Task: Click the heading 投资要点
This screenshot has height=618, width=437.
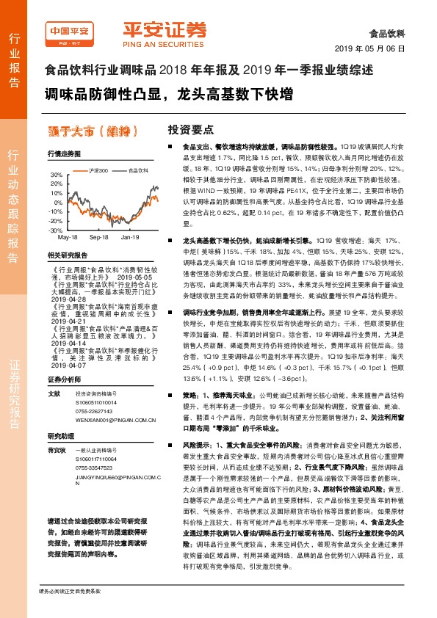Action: click(x=190, y=129)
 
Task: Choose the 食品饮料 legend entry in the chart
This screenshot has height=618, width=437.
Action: click(x=137, y=170)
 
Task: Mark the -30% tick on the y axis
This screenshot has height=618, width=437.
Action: click(x=56, y=230)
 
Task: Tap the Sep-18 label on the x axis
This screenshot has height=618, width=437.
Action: click(x=99, y=238)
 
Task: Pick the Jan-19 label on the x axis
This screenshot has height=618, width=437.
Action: click(x=131, y=238)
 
